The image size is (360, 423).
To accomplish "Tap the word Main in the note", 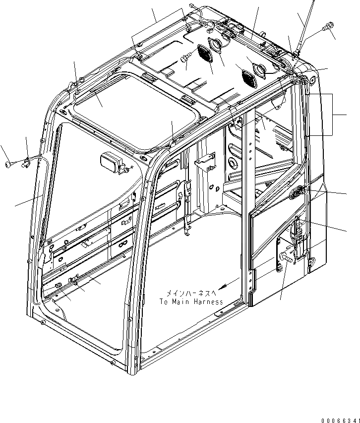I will click(x=181, y=302).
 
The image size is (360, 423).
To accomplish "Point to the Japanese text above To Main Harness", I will click(x=191, y=293).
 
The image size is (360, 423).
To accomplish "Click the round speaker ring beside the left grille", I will click(x=217, y=45).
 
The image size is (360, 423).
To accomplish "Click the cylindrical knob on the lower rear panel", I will click(x=287, y=257).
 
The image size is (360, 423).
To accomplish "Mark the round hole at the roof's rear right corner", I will click(x=312, y=79).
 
